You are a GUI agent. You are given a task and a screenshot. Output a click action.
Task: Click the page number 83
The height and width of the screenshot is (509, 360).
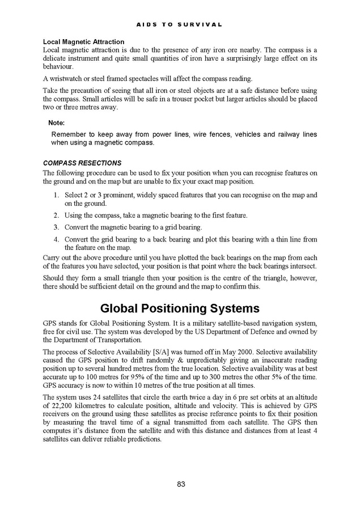(x=181, y=483)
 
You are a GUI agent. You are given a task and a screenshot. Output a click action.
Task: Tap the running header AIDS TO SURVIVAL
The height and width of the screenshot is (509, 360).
(x=180, y=25)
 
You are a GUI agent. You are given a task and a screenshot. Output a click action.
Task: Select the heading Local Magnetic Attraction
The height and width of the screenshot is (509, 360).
(x=83, y=42)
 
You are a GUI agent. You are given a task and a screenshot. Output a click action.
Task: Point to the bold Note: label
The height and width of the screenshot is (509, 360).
(x=56, y=122)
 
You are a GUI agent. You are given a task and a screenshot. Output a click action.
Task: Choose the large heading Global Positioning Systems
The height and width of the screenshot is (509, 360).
(x=180, y=308)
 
